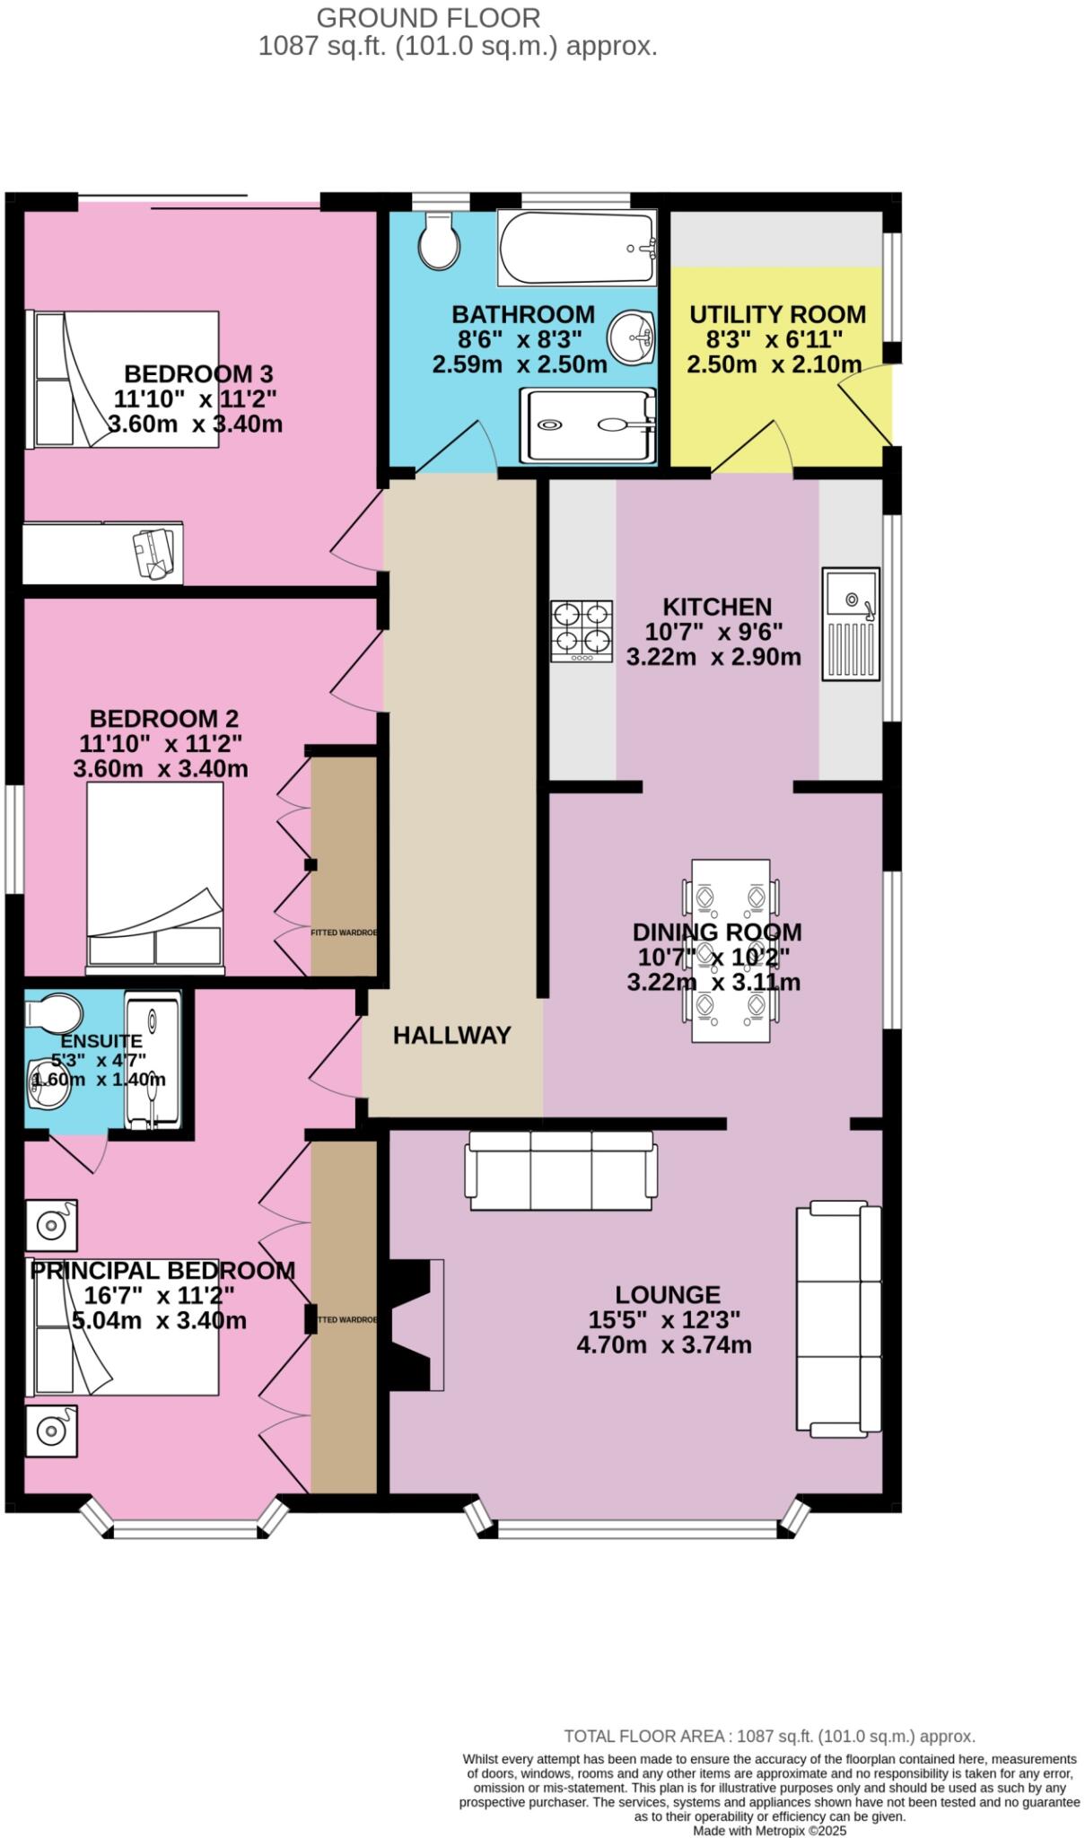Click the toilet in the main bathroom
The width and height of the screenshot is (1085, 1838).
click(439, 241)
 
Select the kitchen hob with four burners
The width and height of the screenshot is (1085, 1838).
click(582, 631)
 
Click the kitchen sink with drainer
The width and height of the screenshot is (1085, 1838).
click(851, 623)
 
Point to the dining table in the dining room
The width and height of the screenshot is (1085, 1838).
click(731, 950)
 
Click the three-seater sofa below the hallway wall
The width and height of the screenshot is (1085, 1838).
click(561, 1170)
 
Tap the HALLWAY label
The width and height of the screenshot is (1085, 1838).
click(451, 1035)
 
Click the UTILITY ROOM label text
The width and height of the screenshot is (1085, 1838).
click(777, 314)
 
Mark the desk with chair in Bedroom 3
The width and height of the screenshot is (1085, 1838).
click(103, 552)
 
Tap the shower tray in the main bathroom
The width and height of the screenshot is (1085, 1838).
click(588, 425)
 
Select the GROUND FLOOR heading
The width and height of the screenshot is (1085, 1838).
click(428, 17)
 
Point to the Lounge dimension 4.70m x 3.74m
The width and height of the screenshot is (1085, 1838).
click(663, 1344)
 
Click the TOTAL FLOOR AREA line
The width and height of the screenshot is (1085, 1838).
click(769, 1736)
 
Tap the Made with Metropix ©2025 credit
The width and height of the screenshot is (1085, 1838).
click(769, 1830)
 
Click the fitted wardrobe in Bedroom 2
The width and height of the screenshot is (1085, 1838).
click(344, 866)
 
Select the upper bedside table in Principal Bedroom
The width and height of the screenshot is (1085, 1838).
click(51, 1224)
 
